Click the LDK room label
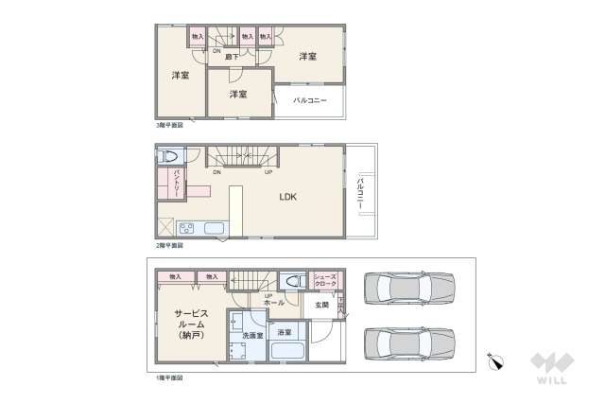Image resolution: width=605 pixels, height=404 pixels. (x=287, y=198)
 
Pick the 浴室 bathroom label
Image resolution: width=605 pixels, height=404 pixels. (x=284, y=333)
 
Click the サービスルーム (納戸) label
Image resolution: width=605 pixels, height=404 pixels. (x=191, y=324)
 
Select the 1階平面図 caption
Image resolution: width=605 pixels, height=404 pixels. (x=169, y=378)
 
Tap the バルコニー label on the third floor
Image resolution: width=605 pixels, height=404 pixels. (x=309, y=99)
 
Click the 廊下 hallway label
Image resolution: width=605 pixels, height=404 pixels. (x=230, y=57)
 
